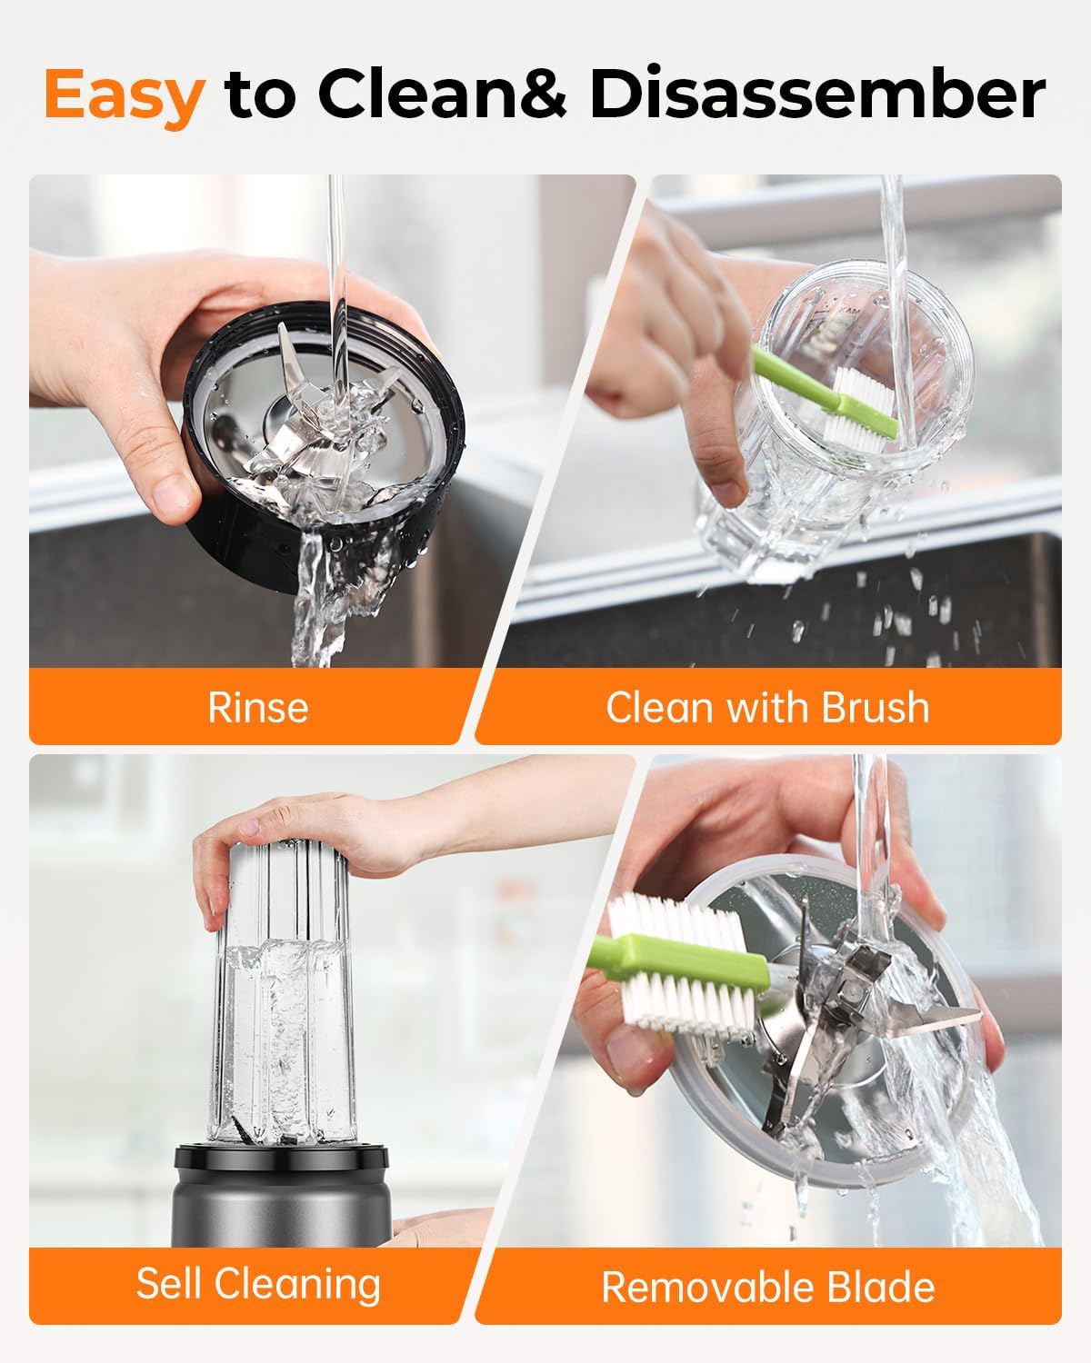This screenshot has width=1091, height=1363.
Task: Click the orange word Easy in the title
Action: pos(125,96)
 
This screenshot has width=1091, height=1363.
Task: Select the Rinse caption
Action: pos(258,707)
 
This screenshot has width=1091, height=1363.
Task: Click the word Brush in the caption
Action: pos(876,706)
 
